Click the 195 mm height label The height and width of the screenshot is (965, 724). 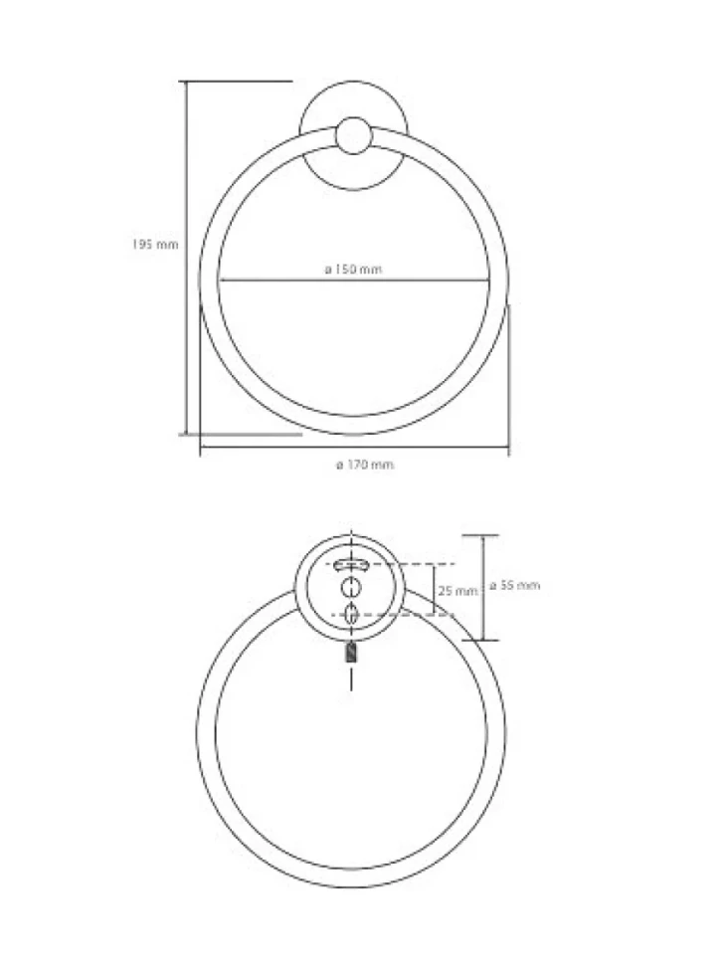(155, 244)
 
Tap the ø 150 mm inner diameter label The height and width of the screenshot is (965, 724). (354, 269)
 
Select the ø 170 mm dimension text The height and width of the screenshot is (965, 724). (365, 464)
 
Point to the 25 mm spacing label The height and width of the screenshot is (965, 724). (457, 590)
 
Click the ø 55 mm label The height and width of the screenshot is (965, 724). (515, 585)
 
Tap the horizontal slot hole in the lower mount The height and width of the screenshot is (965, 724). (350, 564)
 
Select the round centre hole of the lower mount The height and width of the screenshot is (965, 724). (351, 588)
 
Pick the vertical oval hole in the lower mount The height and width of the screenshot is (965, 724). (351, 615)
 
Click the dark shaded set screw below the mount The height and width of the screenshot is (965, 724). (351, 653)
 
